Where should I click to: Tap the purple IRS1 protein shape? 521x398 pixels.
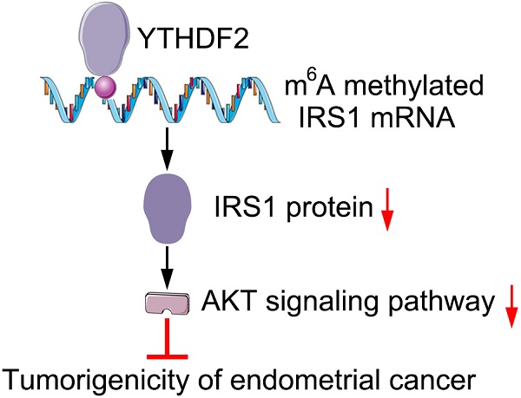(x=167, y=206)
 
